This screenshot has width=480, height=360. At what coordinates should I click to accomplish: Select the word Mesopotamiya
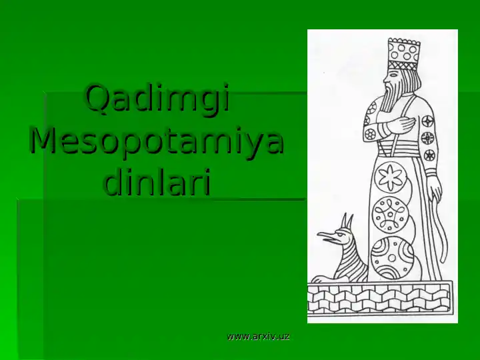157,142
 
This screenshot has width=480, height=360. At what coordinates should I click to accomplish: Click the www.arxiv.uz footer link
258,337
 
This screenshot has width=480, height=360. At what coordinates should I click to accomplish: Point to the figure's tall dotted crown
403,53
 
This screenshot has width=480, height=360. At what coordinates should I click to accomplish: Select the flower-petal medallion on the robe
392,177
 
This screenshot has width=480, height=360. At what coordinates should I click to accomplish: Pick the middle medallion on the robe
391,215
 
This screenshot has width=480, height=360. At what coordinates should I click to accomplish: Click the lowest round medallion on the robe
391,257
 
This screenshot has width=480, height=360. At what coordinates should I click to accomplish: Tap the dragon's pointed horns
347,221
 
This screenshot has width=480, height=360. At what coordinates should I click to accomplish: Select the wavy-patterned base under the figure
380,298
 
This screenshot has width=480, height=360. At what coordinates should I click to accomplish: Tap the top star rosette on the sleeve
427,122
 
